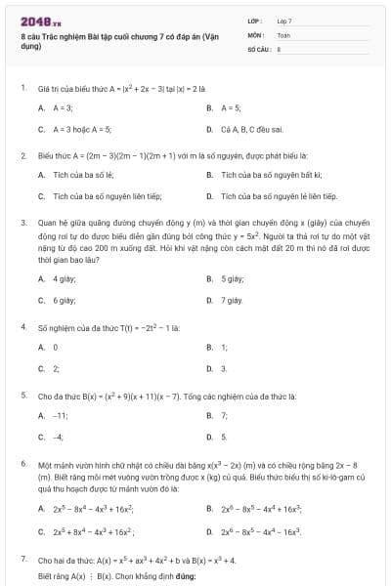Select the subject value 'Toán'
pos(283,34)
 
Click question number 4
pos(22,326)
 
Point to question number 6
pos(22,464)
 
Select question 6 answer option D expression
pos(260,530)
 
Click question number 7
pos(22,559)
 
